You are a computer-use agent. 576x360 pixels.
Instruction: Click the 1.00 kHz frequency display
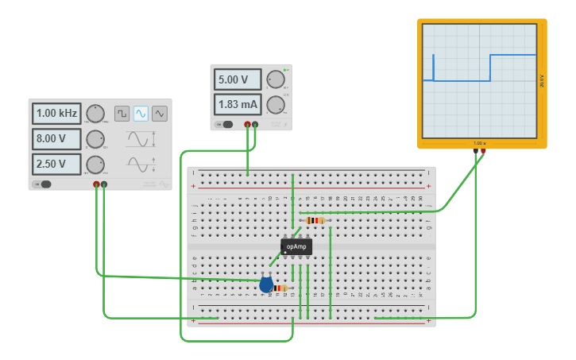click(x=56, y=114)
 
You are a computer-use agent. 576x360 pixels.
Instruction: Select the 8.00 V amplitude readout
click(x=56, y=139)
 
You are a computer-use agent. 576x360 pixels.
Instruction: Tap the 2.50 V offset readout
click(x=56, y=165)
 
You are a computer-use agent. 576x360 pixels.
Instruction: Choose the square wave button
click(x=122, y=114)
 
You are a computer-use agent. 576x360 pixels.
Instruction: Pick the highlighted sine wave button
click(x=141, y=114)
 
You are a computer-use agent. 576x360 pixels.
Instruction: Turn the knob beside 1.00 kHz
click(x=95, y=114)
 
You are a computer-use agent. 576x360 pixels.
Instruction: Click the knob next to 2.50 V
click(x=95, y=165)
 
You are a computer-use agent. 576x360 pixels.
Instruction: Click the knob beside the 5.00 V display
click(x=276, y=79)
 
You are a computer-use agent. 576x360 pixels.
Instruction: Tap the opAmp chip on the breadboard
click(x=296, y=246)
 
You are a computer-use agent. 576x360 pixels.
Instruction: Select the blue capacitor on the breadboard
click(x=266, y=285)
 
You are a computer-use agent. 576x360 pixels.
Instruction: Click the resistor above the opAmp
click(x=315, y=220)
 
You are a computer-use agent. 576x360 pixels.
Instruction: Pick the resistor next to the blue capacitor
click(x=280, y=288)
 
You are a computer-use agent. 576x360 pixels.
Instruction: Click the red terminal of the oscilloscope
click(x=483, y=150)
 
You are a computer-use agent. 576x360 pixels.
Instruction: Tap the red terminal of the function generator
click(x=96, y=184)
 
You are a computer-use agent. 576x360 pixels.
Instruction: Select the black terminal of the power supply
click(x=255, y=124)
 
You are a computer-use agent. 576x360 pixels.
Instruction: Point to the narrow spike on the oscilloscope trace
click(x=433, y=67)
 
